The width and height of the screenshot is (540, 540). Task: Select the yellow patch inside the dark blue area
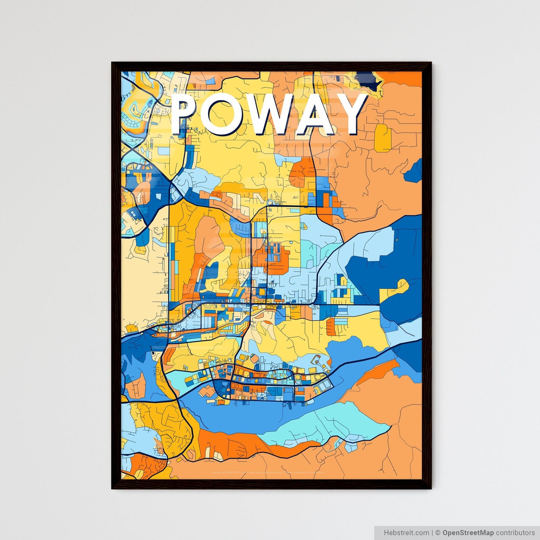[x=394, y=290]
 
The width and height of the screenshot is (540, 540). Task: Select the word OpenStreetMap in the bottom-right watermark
[x=468, y=533]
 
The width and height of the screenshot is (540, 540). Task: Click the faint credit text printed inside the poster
[x=268, y=472]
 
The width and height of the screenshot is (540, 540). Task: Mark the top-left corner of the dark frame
[x=112, y=63]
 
